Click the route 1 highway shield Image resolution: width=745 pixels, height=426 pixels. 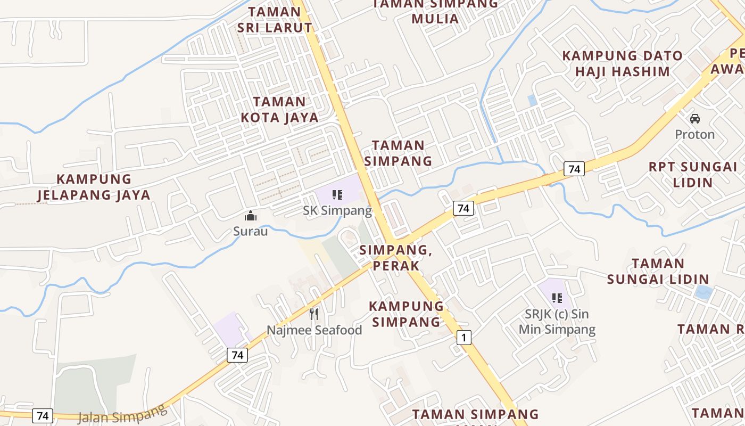pos(464,337)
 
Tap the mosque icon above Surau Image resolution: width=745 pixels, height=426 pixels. pos(250,216)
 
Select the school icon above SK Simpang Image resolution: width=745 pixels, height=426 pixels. pos(337,195)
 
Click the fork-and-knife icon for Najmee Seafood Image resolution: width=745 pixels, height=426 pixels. pos(314,314)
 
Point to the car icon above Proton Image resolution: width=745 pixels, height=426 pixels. pos(694,119)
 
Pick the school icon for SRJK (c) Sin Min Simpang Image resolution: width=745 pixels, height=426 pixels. pos(557,298)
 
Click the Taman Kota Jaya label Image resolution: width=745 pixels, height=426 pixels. pos(280,110)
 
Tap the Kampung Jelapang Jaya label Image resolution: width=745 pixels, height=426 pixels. pos(94,187)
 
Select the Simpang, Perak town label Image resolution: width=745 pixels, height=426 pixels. pos(394,258)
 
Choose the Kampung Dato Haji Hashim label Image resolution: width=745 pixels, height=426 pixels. pos(623,63)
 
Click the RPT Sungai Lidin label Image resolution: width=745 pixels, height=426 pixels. pos(693,175)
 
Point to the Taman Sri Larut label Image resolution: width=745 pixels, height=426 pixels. pos(275,20)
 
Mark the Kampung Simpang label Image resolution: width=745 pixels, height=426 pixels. pos(407,314)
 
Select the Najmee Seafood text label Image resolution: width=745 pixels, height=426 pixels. pos(314,330)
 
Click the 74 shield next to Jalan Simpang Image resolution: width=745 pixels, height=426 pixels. pos(43,415)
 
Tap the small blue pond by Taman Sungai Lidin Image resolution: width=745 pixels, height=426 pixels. pos(703,292)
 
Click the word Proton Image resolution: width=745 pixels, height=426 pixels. pos(694,134)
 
